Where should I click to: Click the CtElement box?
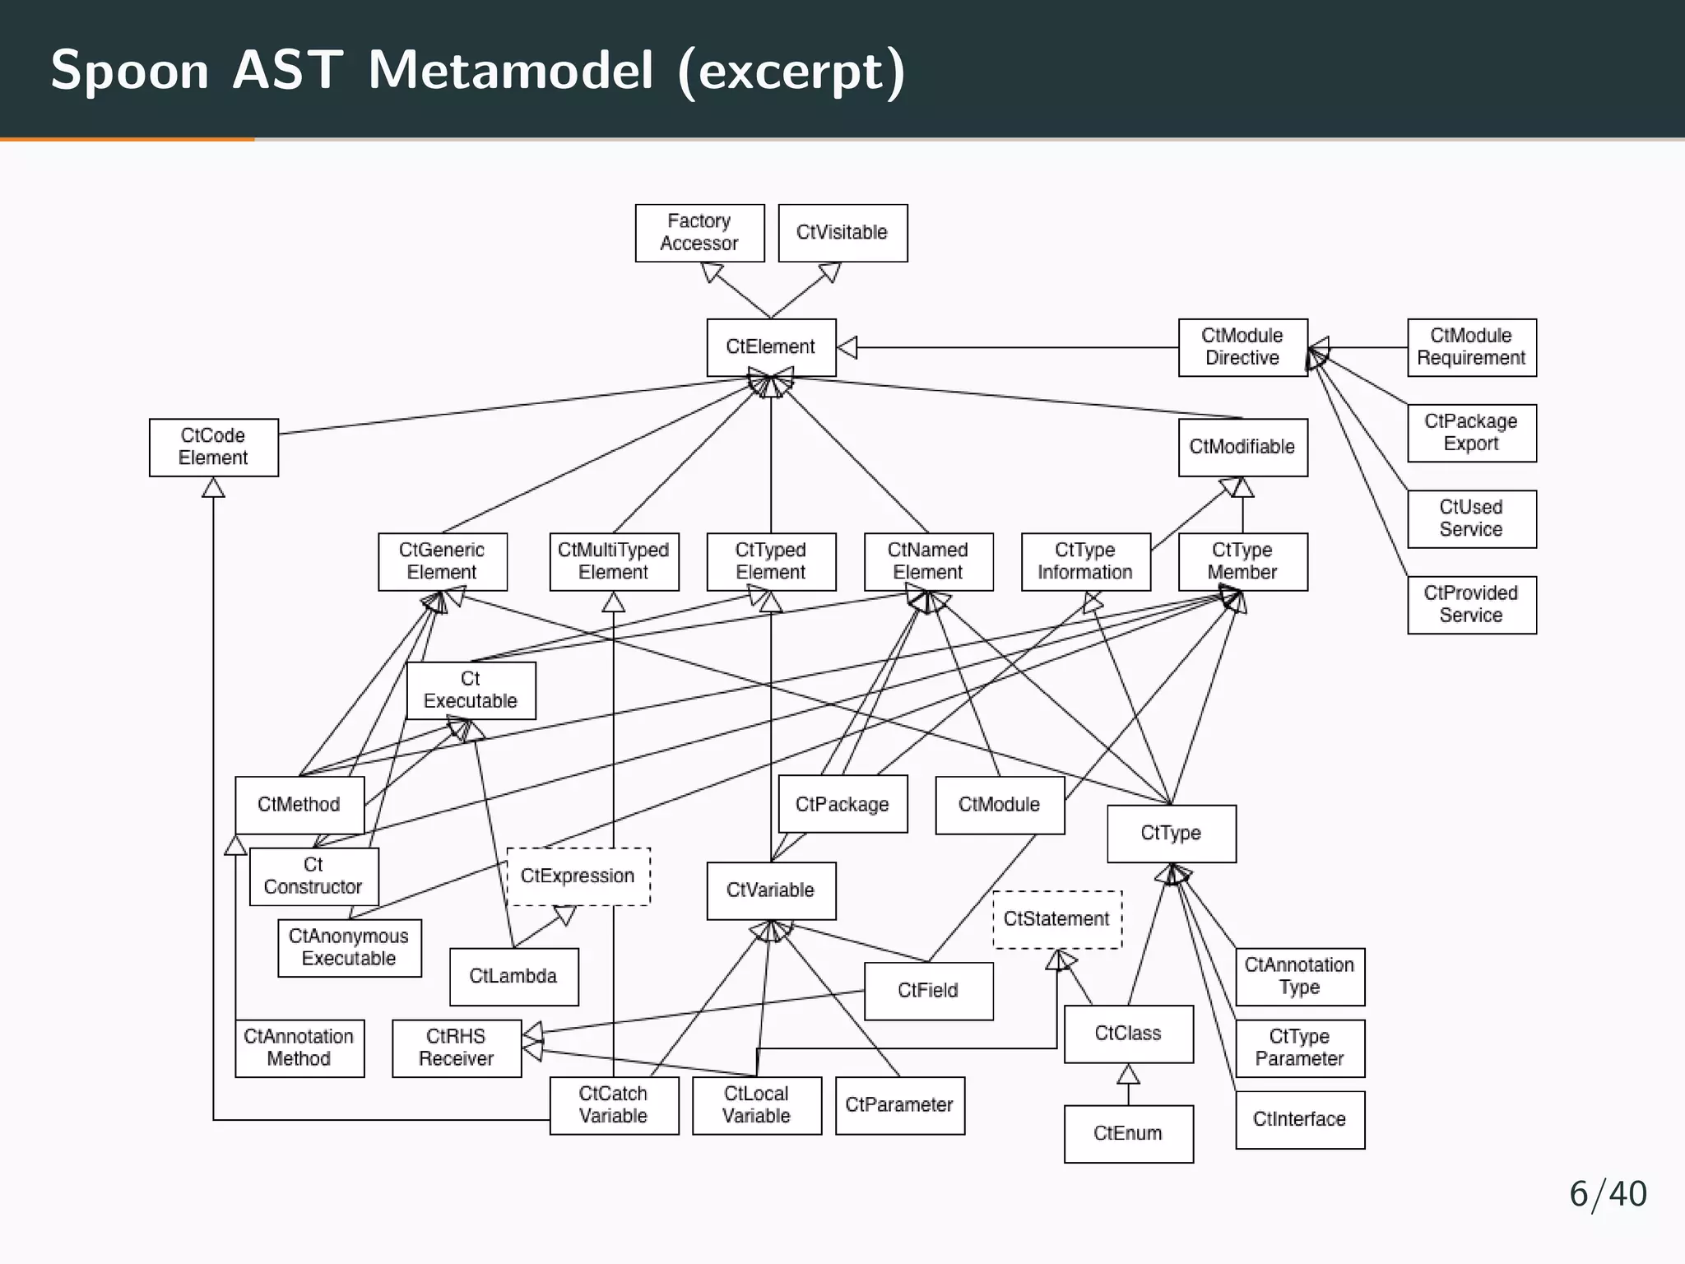coord(771,347)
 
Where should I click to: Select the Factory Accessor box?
coord(699,233)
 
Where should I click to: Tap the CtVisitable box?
coord(842,233)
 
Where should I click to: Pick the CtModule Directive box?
coord(1242,347)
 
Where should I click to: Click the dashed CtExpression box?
coord(578,876)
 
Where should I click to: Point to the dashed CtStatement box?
coord(1057,919)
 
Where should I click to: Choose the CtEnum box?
coord(1128,1134)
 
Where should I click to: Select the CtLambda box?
coord(513,977)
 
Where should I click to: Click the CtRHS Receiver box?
coord(457,1048)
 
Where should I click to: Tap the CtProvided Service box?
coord(1471,605)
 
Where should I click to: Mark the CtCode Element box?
coord(213,448)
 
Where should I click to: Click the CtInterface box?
coord(1300,1120)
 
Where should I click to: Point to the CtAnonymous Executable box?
coord(349,948)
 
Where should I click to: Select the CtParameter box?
coord(899,1105)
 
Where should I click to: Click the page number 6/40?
coord(1608,1194)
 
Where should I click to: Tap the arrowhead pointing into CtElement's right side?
coord(847,347)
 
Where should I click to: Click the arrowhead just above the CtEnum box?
coord(1128,1074)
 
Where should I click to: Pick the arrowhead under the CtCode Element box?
coord(213,488)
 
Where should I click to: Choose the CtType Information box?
coord(1085,562)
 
